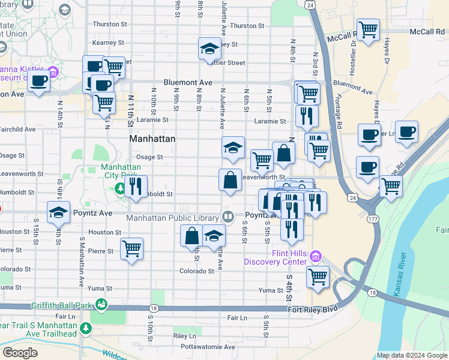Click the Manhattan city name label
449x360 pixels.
coord(153,139)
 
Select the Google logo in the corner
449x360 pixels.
coord(20,353)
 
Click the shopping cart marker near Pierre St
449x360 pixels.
coord(131,248)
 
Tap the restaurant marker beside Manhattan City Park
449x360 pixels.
coord(136,186)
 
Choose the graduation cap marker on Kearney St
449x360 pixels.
coord(209,49)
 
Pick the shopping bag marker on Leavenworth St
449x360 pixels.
coord(231,179)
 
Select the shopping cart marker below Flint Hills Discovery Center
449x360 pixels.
coord(318,277)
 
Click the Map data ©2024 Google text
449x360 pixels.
coord(411,355)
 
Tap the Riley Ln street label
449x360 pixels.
coord(184,336)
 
